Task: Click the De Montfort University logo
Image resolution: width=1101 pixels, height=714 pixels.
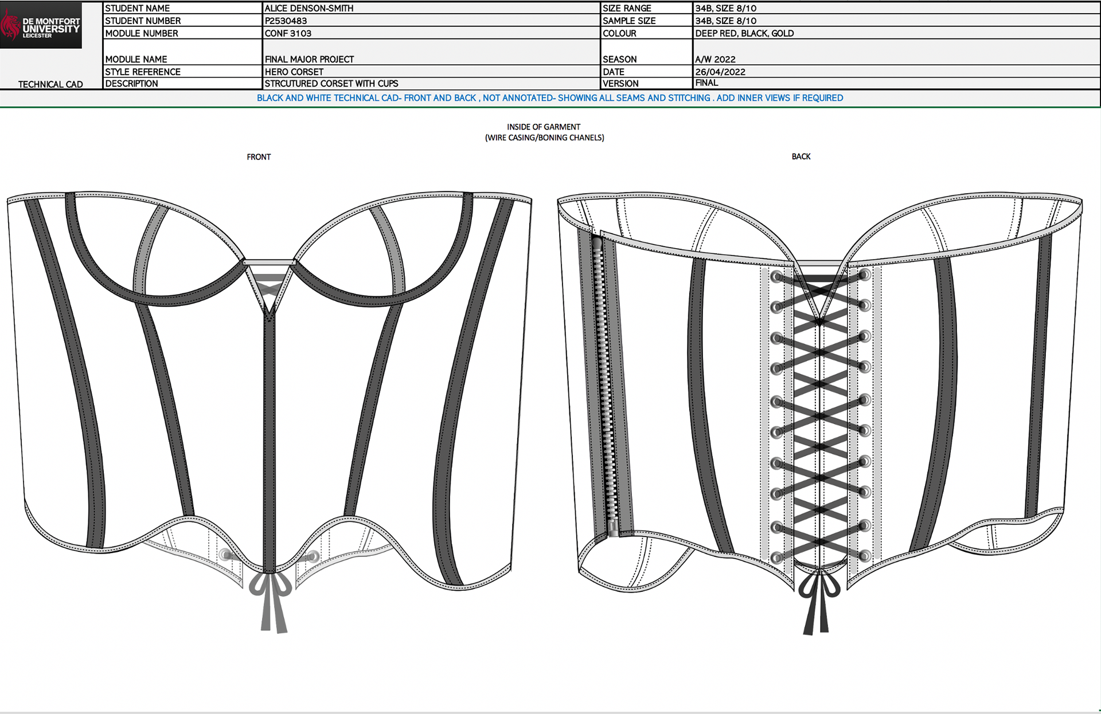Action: [x=41, y=26]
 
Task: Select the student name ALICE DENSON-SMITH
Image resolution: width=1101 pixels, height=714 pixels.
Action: [x=309, y=8]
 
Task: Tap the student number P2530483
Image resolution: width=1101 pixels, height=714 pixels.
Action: [x=286, y=21]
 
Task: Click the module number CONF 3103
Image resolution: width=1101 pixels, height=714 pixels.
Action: [x=288, y=33]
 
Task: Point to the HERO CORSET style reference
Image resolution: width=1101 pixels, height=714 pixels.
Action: [x=294, y=72]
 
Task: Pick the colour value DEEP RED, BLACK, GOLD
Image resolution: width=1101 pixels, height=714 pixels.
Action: [x=744, y=33]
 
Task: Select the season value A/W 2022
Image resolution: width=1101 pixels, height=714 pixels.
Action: [x=715, y=59]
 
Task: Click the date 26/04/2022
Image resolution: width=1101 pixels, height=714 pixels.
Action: [x=720, y=72]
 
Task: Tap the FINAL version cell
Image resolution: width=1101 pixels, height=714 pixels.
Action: [x=706, y=83]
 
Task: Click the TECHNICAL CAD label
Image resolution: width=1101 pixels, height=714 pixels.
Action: [x=50, y=84]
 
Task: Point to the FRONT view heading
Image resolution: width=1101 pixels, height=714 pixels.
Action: [x=259, y=156]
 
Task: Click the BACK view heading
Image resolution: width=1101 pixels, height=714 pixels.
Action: [x=801, y=156]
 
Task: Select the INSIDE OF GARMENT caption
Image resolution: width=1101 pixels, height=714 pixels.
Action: [x=544, y=127]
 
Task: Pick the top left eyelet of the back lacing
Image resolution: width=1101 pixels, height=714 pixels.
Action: [x=776, y=277]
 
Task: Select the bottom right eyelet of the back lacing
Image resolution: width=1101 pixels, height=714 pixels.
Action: [x=864, y=555]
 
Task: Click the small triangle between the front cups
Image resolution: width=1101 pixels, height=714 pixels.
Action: [x=269, y=287]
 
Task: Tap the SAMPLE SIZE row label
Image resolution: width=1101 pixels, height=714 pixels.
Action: [x=629, y=21]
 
